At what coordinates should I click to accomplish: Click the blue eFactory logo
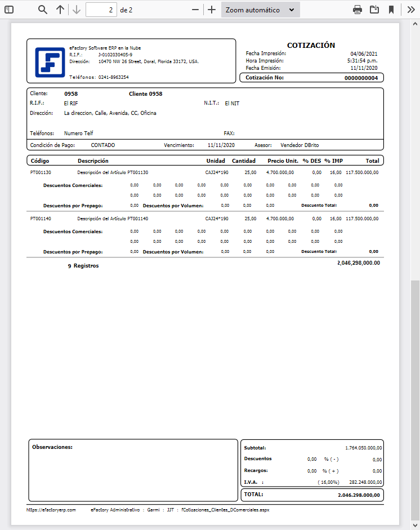tap(50, 62)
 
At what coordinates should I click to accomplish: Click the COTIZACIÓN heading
tap(311, 45)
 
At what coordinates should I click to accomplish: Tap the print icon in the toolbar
tap(358, 10)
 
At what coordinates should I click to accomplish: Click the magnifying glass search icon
tap(43, 10)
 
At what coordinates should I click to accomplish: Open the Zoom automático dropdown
tap(260, 10)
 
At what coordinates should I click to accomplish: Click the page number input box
tap(101, 10)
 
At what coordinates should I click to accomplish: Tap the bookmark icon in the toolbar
tap(391, 10)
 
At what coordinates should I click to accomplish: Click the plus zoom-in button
tap(212, 10)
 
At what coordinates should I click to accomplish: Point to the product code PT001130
tap(41, 172)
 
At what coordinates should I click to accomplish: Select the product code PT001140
tap(41, 218)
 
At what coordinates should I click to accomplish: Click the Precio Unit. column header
tap(283, 161)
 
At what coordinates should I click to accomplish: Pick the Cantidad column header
tap(244, 161)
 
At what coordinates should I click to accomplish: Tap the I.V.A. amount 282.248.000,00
tap(365, 482)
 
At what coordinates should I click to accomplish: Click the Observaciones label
tap(52, 447)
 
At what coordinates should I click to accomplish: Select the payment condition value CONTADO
tap(103, 145)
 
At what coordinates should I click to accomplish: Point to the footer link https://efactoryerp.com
tap(47, 509)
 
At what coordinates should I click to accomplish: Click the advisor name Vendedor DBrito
tap(300, 145)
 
